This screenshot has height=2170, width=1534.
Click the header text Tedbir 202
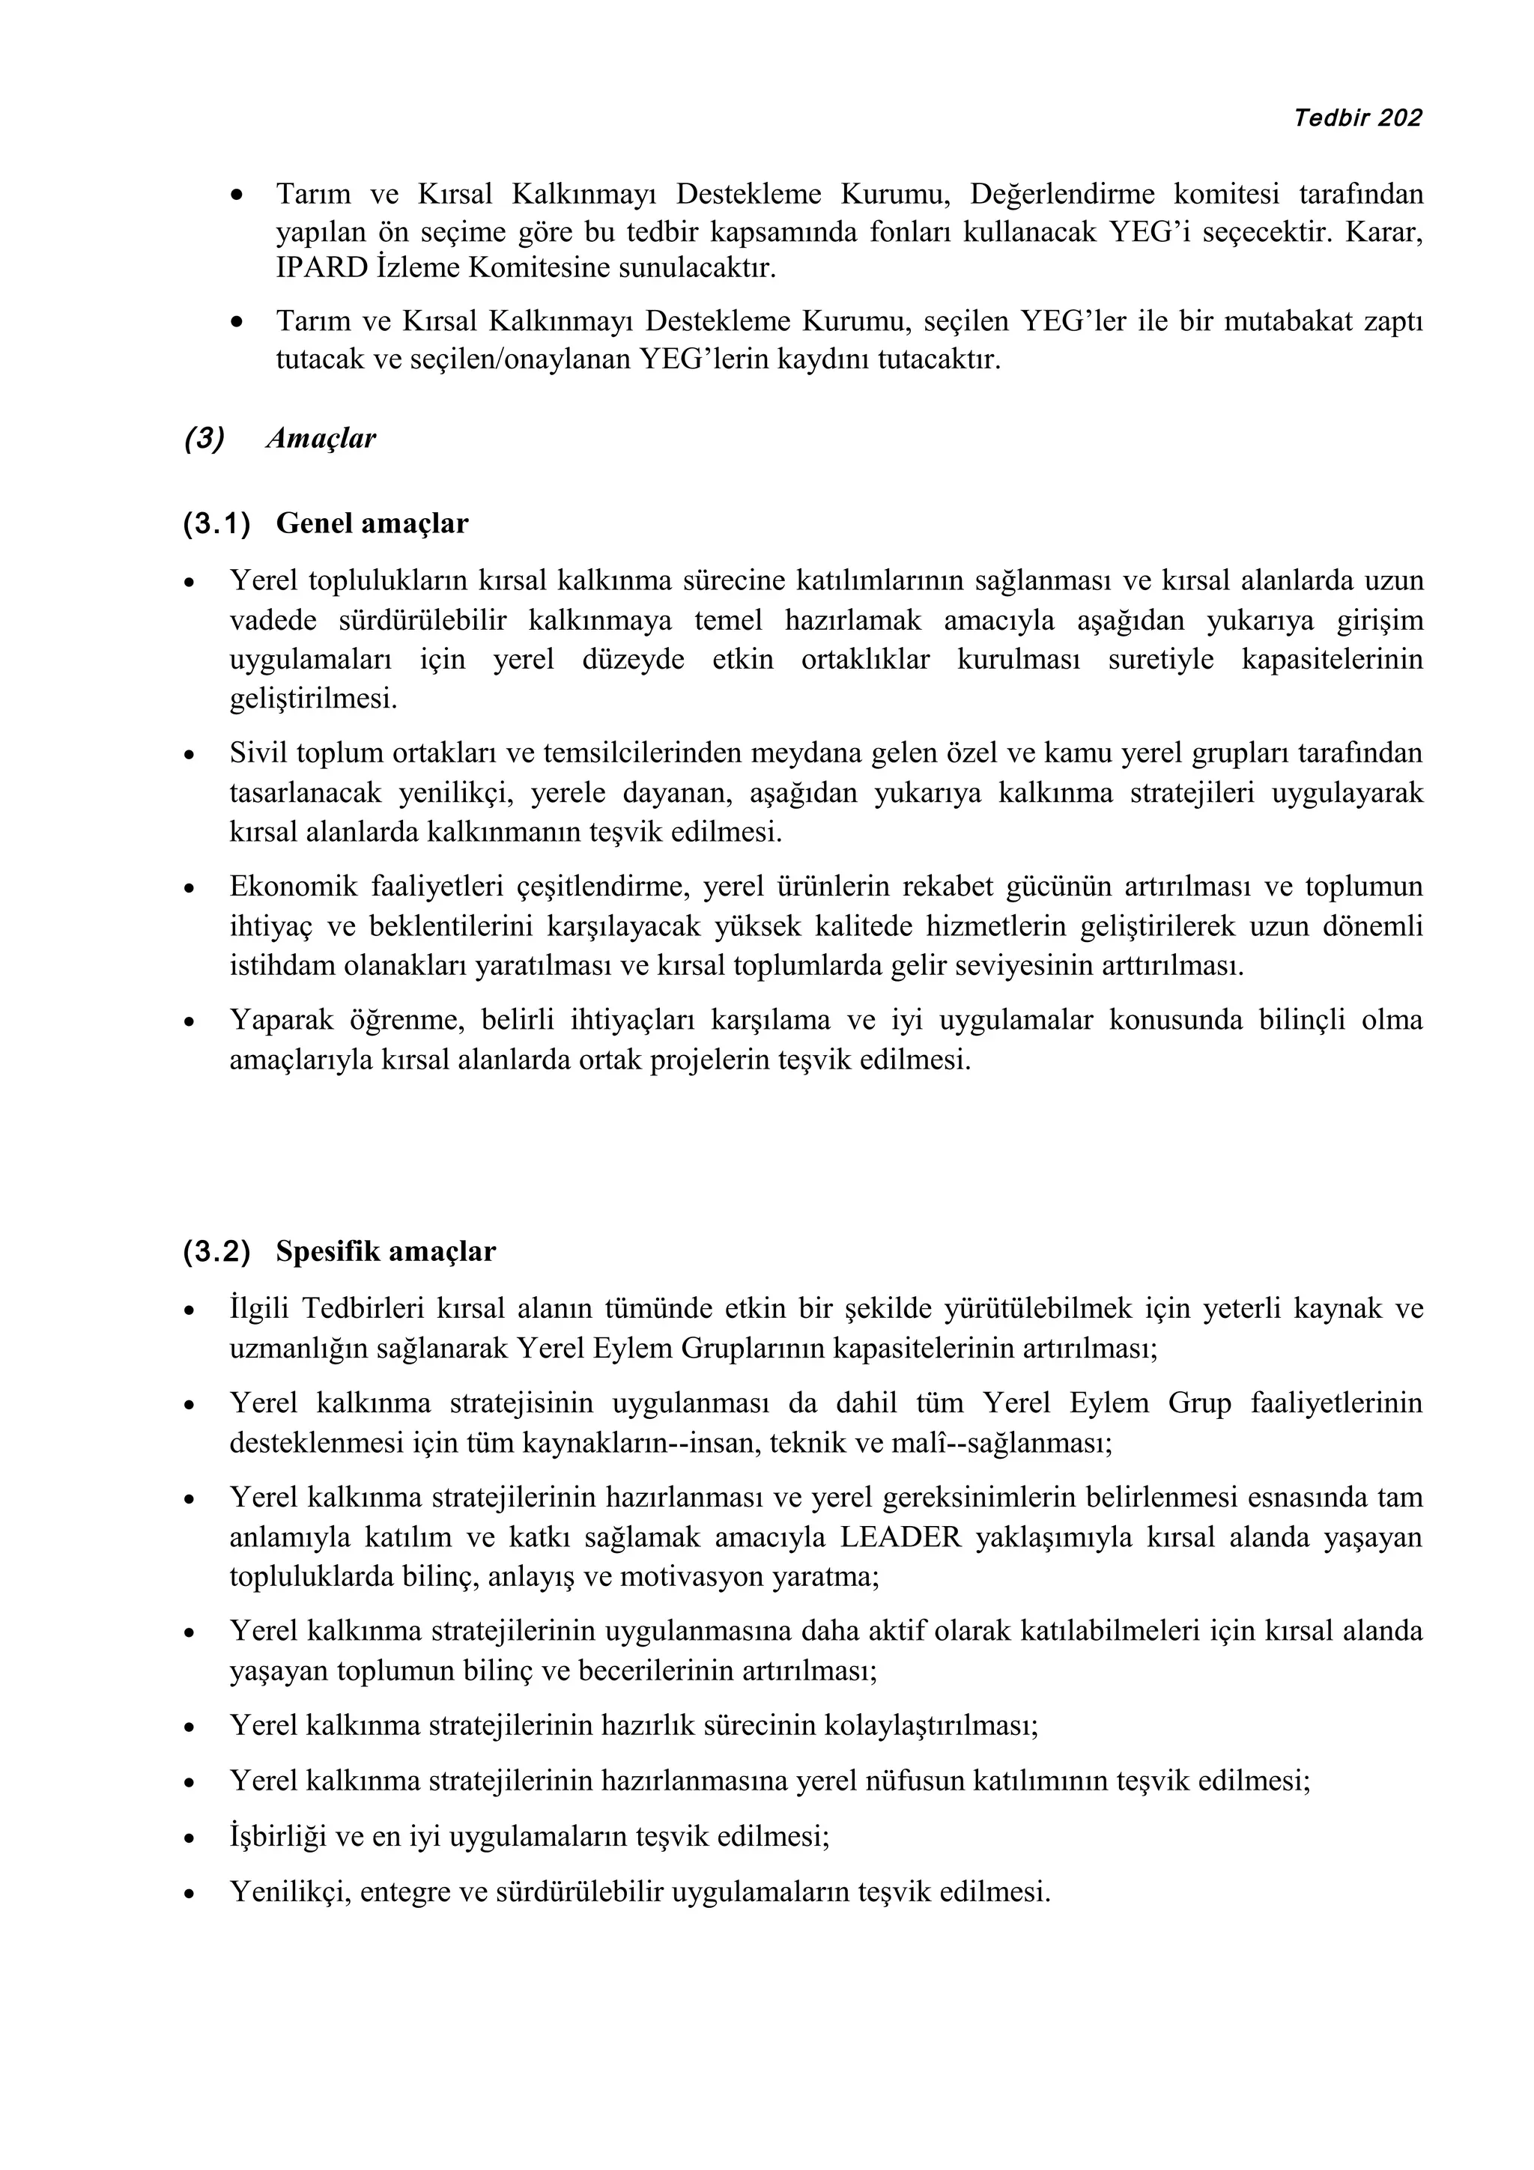pyautogui.click(x=1357, y=118)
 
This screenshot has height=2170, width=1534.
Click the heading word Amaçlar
pyautogui.click(x=321, y=439)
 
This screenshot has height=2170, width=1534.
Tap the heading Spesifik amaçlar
pyautogui.click(x=386, y=1251)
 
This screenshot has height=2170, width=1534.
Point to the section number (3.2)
pyautogui.click(x=217, y=1252)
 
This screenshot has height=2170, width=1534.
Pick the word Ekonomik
pyautogui.click(x=293, y=887)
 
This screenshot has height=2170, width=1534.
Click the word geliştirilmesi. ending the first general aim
pyautogui.click(x=314, y=699)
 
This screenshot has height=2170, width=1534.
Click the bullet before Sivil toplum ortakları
pyautogui.click(x=190, y=755)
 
